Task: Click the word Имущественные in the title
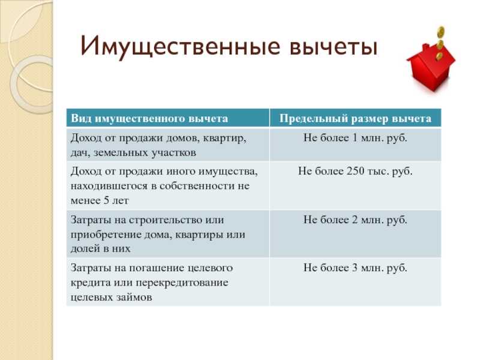click(181, 47)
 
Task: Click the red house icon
click(431, 67)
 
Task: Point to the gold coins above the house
click(440, 42)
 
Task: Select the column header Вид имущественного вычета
click(149, 118)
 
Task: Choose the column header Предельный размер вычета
click(355, 118)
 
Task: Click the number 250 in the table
click(355, 170)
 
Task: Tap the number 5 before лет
click(106, 200)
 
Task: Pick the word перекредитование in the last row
click(182, 283)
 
